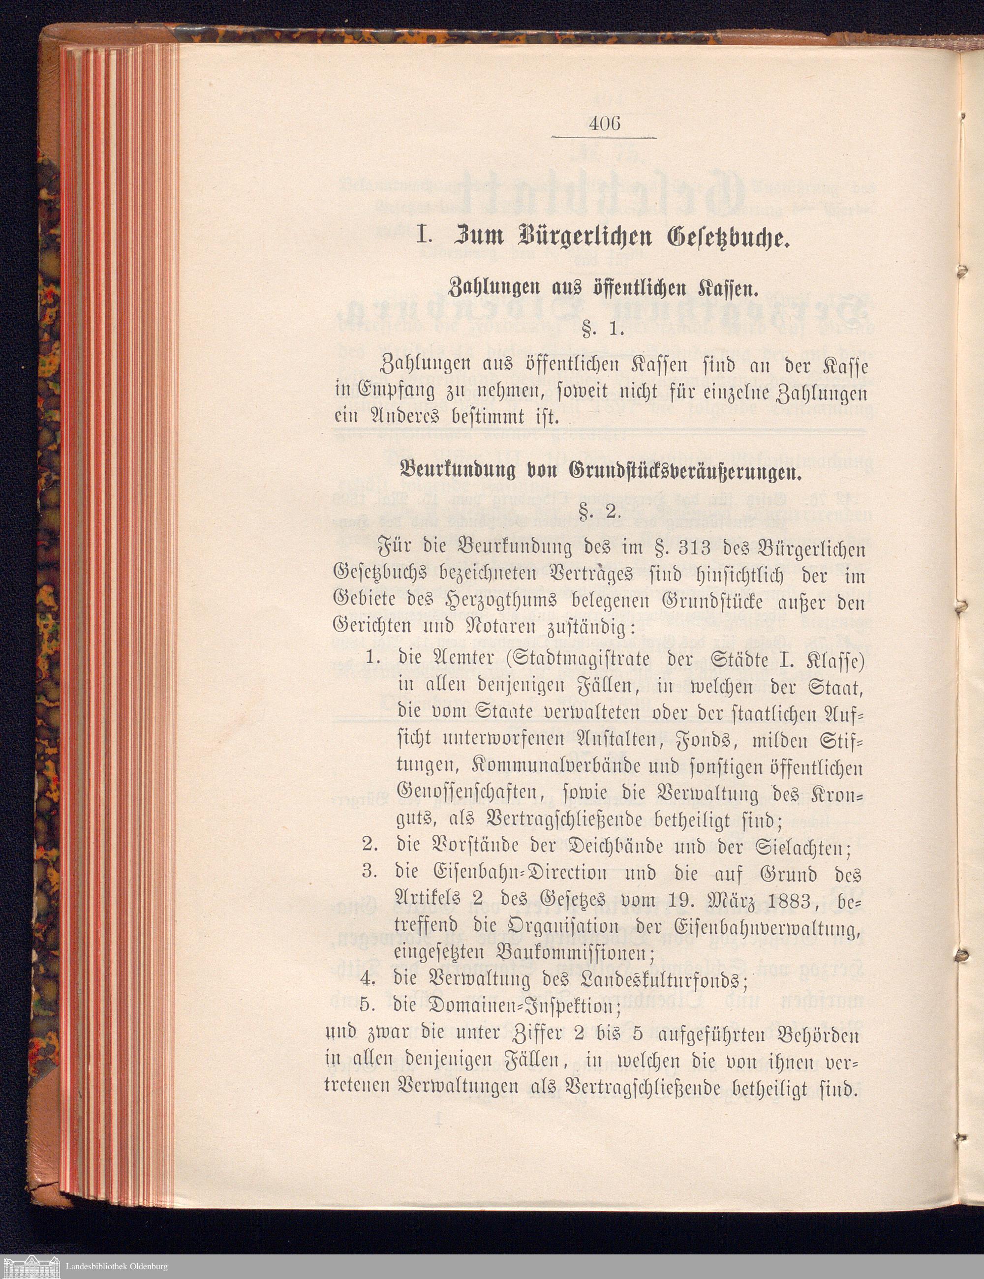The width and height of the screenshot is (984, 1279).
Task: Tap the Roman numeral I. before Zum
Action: point(423,239)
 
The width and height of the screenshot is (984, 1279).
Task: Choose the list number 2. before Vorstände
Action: point(369,845)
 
